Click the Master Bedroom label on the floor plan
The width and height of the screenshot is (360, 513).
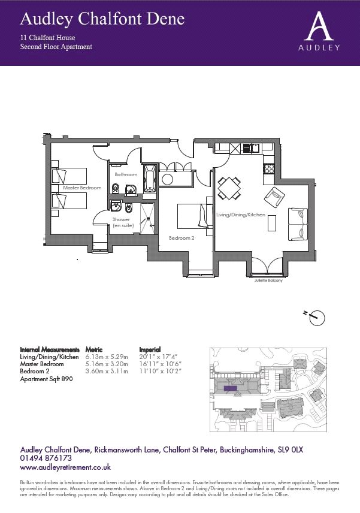pyautogui.click(x=82, y=188)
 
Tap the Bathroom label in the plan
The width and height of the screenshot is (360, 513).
pyautogui.click(x=126, y=174)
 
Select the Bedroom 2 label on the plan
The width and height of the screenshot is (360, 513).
pyautogui.click(x=181, y=238)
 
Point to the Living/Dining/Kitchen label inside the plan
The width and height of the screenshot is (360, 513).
pyautogui.click(x=240, y=215)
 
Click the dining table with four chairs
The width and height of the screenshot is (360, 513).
pyautogui.click(x=229, y=188)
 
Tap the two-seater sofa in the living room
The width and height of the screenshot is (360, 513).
pyautogui.click(x=298, y=224)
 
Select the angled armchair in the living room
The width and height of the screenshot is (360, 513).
pyautogui.click(x=275, y=195)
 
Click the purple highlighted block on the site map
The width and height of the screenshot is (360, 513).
pyautogui.click(x=229, y=388)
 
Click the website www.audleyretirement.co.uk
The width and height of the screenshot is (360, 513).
pyautogui.click(x=66, y=467)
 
